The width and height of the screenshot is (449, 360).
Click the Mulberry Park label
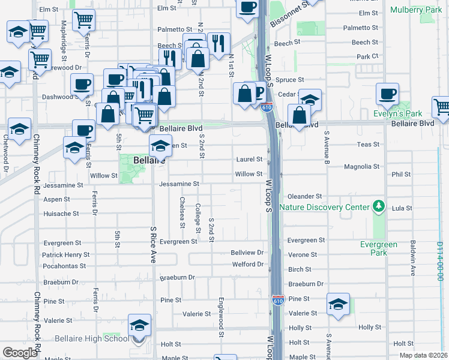tap(415, 10)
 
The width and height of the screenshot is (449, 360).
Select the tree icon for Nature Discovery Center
tap(378, 206)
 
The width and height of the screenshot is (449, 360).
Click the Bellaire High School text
tap(91, 339)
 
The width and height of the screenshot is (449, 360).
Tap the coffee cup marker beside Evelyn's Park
tap(387, 94)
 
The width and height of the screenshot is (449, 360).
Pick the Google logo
tap(20, 353)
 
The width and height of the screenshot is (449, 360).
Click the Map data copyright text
tap(423, 355)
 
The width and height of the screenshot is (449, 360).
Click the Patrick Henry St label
tap(62, 255)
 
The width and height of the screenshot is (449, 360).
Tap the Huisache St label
tap(61, 213)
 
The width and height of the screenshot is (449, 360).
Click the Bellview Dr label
tap(247, 253)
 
